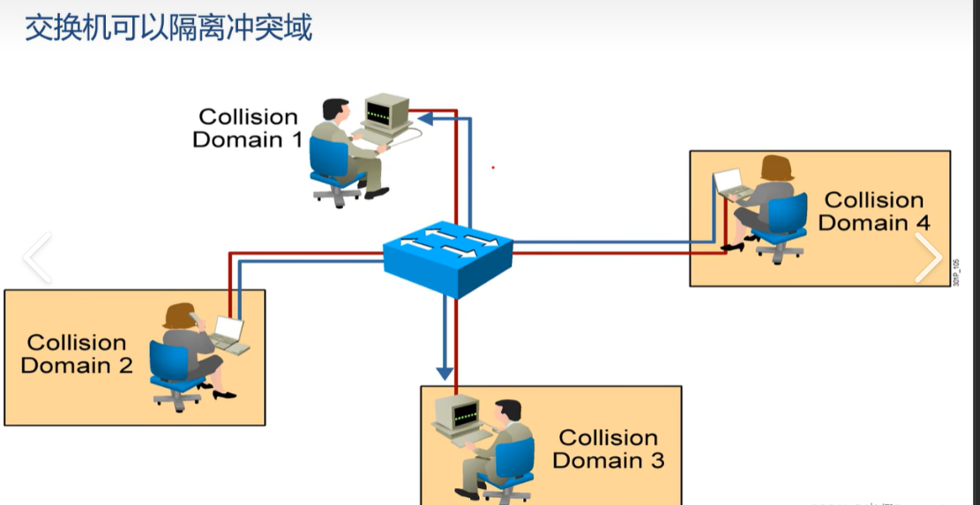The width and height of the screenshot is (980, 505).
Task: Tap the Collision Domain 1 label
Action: (x=248, y=128)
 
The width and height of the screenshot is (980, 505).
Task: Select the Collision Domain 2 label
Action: (x=77, y=353)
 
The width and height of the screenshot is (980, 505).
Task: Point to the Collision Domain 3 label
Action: (x=609, y=449)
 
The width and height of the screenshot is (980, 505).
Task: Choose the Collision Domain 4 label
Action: (x=873, y=212)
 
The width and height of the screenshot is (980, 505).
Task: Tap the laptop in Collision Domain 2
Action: (x=227, y=333)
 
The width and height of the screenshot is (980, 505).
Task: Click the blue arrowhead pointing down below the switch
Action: (x=445, y=371)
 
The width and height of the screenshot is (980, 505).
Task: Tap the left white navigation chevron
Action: (x=37, y=257)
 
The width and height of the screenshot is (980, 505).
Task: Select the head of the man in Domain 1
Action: (x=333, y=111)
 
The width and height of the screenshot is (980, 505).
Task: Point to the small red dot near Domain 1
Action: (x=493, y=167)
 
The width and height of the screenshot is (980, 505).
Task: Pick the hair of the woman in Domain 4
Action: (x=776, y=167)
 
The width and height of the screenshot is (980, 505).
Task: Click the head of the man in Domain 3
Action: (x=507, y=412)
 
